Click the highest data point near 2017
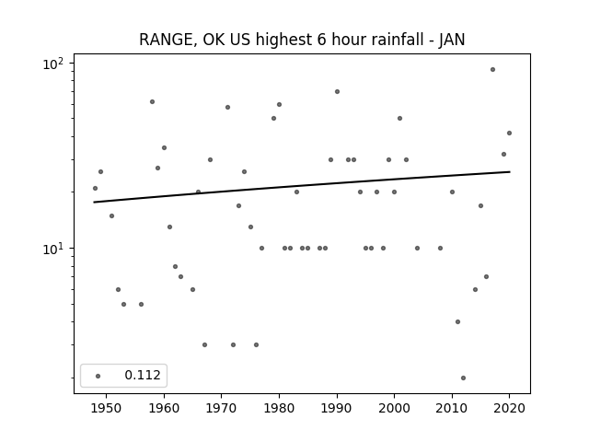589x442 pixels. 492,70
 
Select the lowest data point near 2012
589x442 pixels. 463,378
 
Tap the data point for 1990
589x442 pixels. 338,92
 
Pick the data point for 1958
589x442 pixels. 152,102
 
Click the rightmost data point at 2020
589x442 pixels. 509,133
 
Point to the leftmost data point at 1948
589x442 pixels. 95,188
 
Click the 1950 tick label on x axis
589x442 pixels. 107,408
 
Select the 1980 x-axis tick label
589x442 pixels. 279,408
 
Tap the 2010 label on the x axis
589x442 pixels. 452,408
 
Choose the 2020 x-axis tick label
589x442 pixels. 509,408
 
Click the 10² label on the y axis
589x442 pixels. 53,64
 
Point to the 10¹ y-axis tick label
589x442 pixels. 53,249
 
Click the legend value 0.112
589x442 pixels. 143,375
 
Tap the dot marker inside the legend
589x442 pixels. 98,376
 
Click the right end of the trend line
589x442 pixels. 510,172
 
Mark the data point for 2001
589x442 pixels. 399,119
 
